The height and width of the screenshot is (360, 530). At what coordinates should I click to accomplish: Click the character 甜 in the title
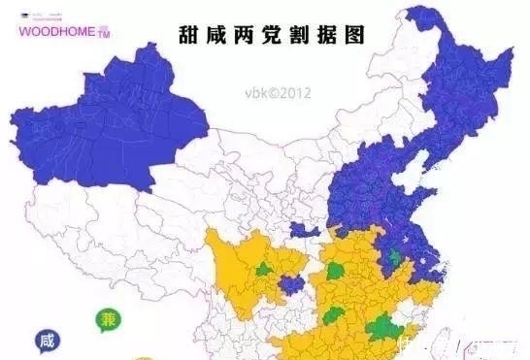191,34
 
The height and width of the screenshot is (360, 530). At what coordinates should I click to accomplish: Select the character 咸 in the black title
222,34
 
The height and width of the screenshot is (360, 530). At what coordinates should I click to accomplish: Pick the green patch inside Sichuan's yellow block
265,274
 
